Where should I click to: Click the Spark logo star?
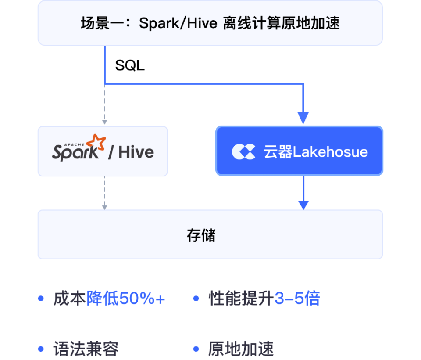coord(96,144)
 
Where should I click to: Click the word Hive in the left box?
coord(136,152)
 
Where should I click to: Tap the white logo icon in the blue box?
coord(243,151)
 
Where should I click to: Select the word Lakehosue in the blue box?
coord(330,152)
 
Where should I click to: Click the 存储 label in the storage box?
coord(201,236)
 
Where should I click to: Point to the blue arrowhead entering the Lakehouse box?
coord(303,118)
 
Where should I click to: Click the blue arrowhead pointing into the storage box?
coord(303,205)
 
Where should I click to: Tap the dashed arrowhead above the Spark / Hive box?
coord(104,121)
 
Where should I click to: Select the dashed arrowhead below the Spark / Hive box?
coord(104,206)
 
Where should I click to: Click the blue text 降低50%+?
coord(125,299)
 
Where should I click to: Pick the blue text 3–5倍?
coord(297,299)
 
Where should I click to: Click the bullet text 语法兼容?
coord(86,349)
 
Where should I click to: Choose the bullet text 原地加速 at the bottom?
coord(241,349)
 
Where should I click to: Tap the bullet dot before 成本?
coord(41,299)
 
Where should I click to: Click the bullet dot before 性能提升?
coord(196,299)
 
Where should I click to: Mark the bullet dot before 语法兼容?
coord(41,349)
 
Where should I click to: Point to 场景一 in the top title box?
coord(95,23)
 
